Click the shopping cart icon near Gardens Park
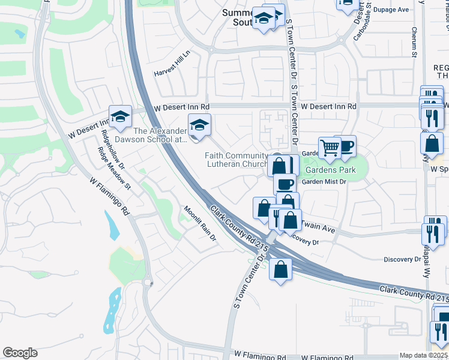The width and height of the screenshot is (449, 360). (x=330, y=147)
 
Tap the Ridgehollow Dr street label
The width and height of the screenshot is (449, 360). (x=112, y=149)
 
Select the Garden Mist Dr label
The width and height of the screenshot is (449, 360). (x=324, y=181)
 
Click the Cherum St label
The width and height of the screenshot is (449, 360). (x=414, y=41)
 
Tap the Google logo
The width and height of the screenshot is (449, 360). (x=20, y=353)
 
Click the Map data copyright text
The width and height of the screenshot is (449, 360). (x=424, y=355)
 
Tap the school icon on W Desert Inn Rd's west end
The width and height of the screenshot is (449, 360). (x=120, y=116)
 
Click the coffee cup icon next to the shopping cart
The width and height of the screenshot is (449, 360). (x=346, y=145)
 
